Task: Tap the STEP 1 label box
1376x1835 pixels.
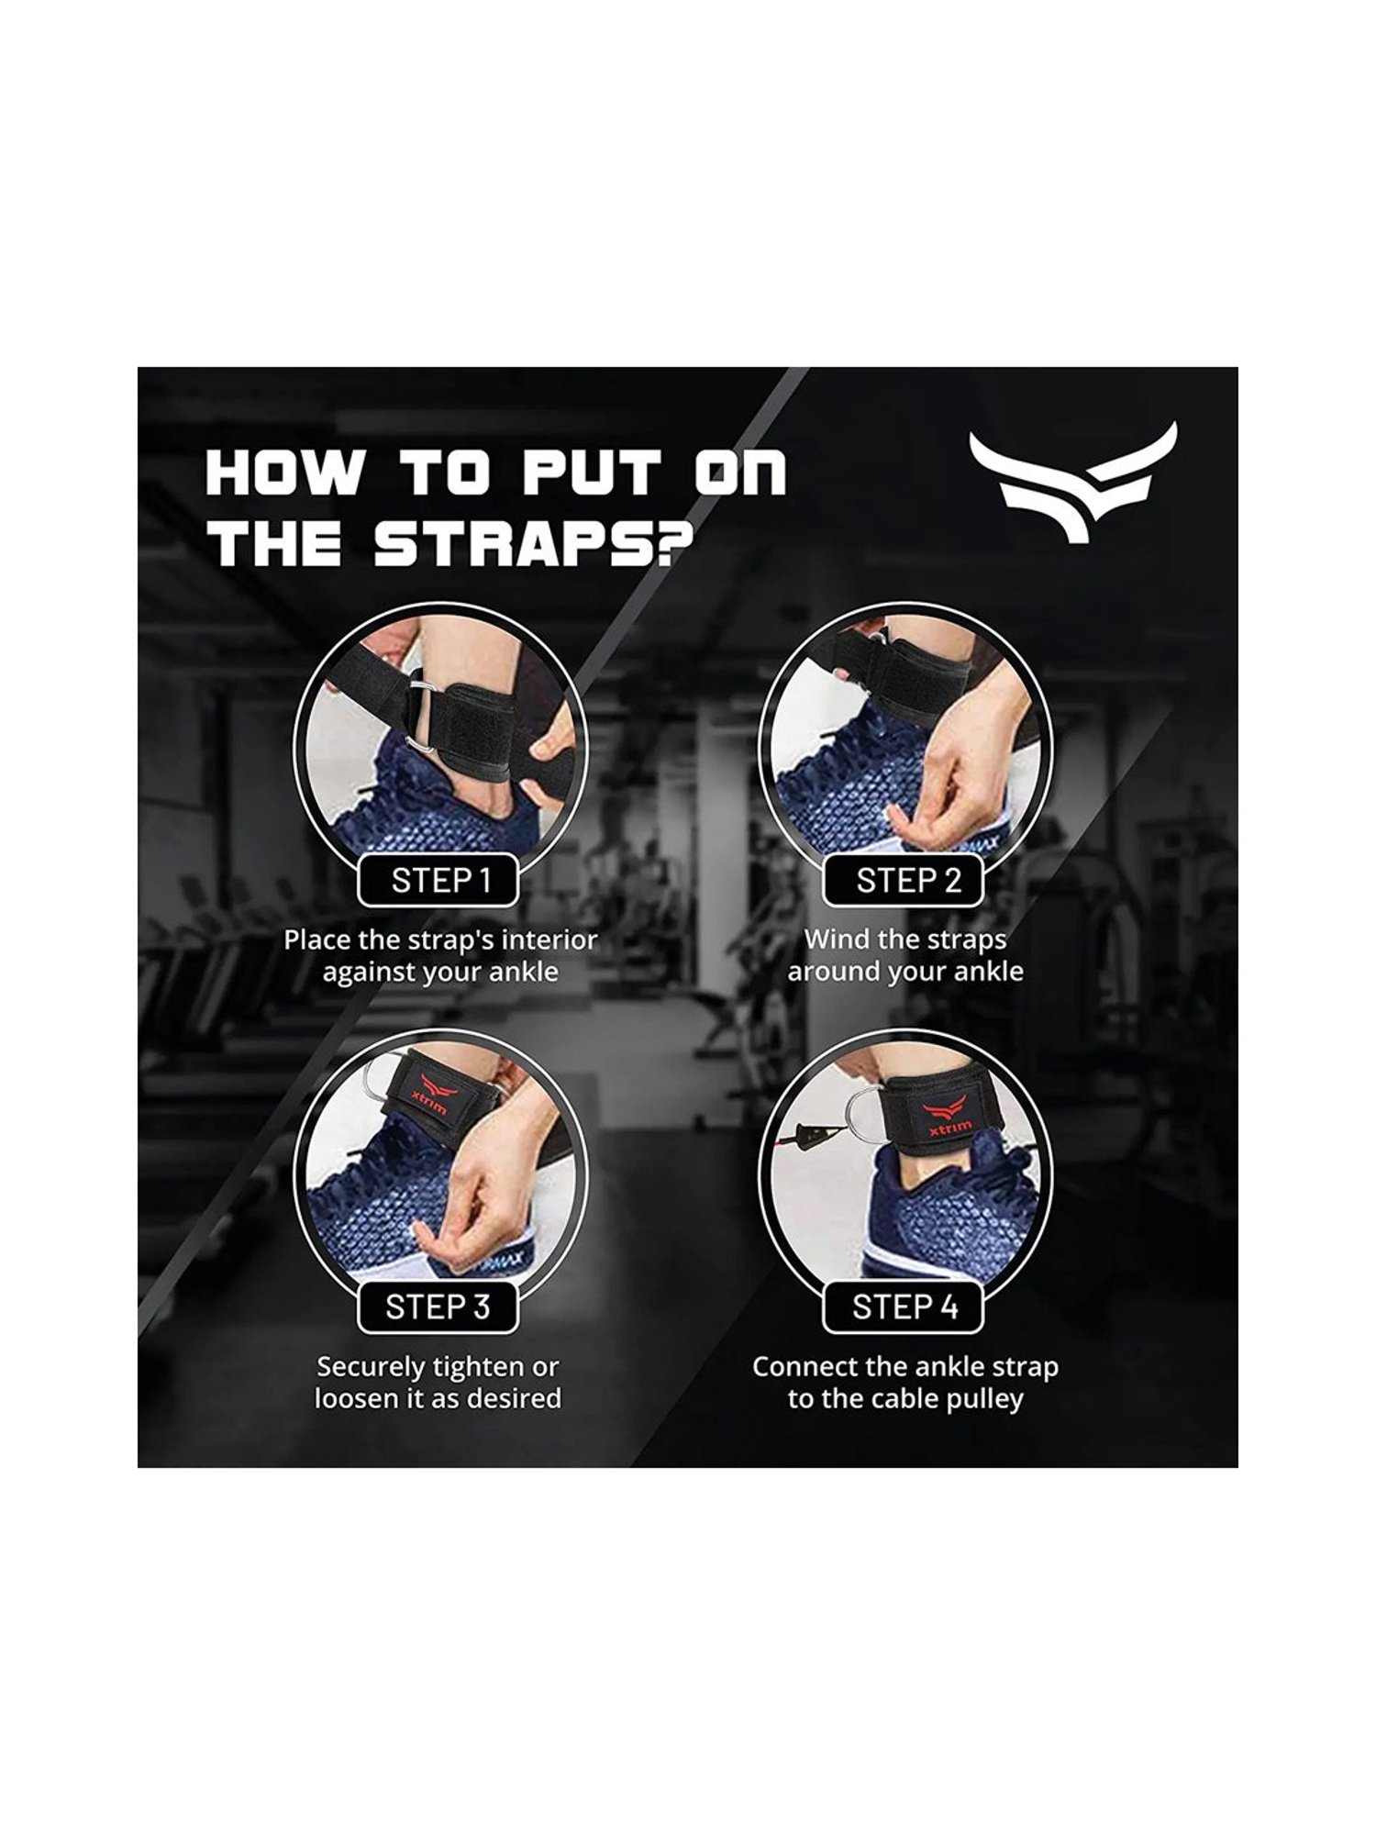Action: [x=438, y=881]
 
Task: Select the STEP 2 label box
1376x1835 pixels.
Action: [x=904, y=881]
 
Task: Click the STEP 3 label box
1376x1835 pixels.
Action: [x=438, y=1307]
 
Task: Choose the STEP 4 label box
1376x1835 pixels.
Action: [x=904, y=1307]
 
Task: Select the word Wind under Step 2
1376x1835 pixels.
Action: [x=832, y=940]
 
